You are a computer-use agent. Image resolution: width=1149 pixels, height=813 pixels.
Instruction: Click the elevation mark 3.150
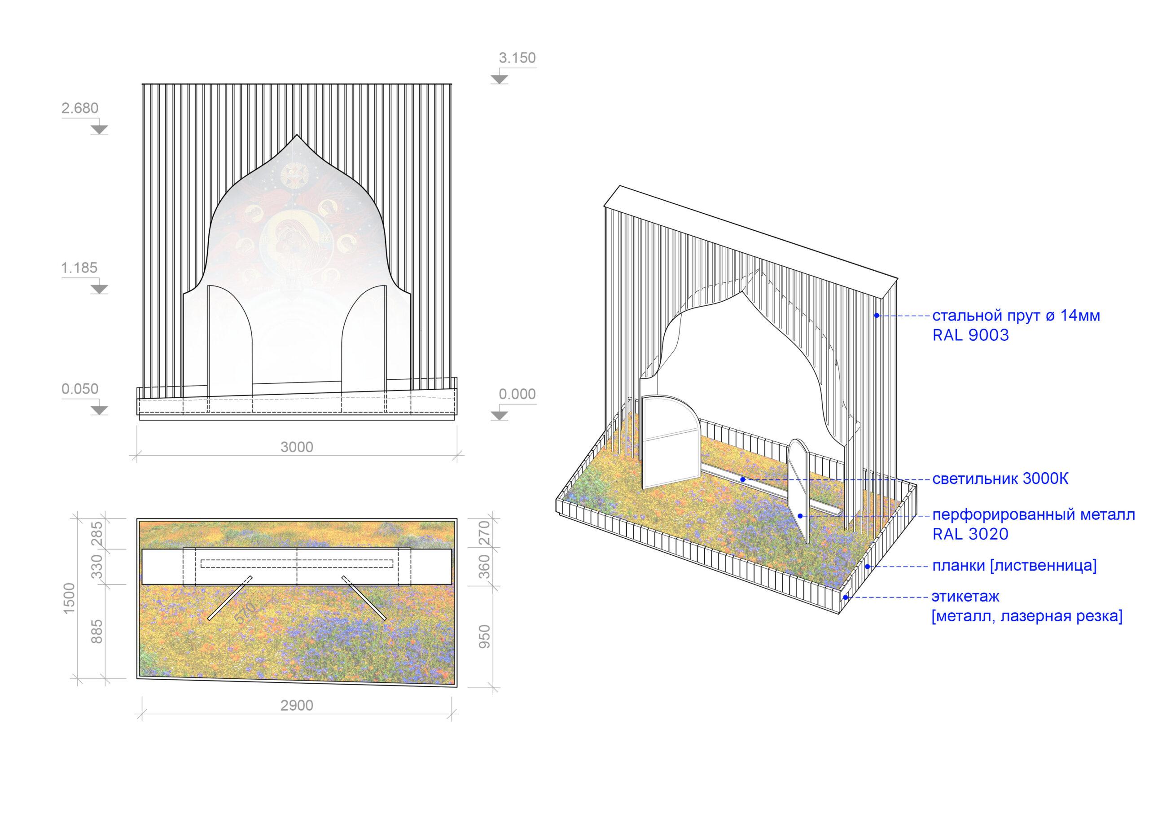(x=517, y=58)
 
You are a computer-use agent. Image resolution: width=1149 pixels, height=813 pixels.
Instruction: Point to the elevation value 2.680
(x=80, y=108)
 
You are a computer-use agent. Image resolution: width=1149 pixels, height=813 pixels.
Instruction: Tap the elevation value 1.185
(x=79, y=268)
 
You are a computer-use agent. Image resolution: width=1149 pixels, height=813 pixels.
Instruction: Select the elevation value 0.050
(x=80, y=389)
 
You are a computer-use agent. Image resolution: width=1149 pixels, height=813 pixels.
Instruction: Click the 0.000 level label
(x=517, y=395)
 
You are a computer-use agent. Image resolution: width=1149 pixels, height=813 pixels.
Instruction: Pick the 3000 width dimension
(x=297, y=447)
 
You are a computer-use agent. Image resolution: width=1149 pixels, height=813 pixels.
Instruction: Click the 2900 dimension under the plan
(x=297, y=706)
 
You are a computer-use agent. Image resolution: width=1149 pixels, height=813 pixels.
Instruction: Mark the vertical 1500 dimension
(x=69, y=599)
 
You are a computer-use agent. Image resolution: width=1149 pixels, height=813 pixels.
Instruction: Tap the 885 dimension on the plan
(x=97, y=632)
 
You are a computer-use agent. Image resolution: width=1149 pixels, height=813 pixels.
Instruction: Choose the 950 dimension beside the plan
(x=484, y=636)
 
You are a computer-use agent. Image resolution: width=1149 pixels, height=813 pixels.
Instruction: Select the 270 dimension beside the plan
(x=484, y=533)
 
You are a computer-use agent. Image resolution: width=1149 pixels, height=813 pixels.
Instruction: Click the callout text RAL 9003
(x=970, y=335)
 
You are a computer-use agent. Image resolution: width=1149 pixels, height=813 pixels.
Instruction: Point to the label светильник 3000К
(x=1000, y=479)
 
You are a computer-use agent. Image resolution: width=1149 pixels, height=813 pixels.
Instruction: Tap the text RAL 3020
(x=970, y=534)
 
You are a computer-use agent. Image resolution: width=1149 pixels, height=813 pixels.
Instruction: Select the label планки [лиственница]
(x=1014, y=566)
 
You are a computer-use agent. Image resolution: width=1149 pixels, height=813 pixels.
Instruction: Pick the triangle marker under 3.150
(x=500, y=79)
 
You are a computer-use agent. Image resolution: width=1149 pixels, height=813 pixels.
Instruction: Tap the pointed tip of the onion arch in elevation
(x=297, y=135)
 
